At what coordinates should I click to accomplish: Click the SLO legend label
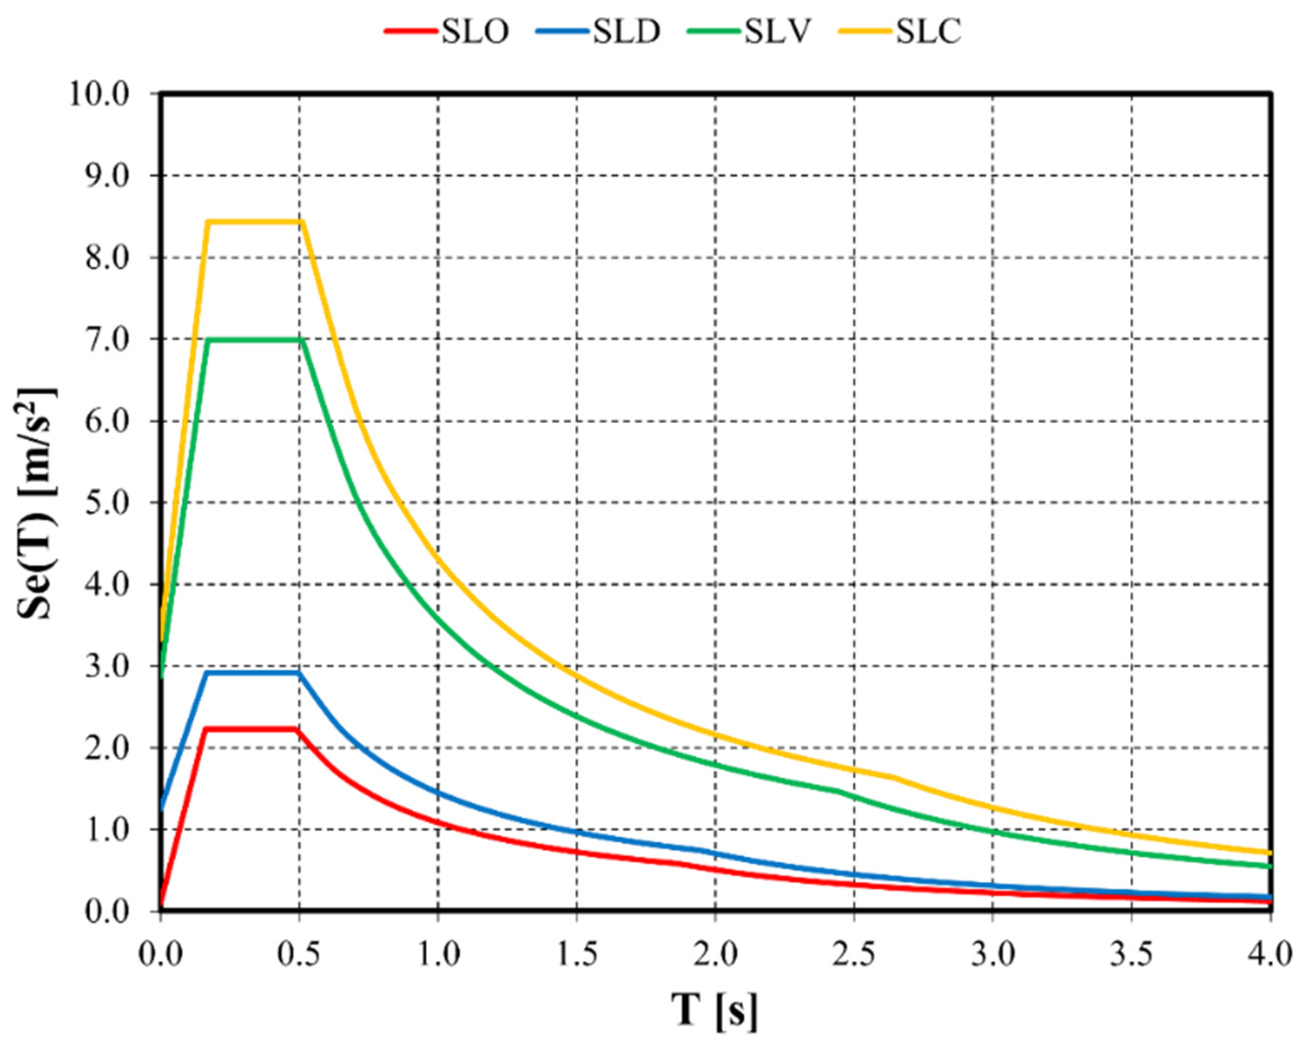pyautogui.click(x=474, y=32)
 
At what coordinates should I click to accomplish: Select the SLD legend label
pyautogui.click(x=626, y=32)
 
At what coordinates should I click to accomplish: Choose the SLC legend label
pyautogui.click(x=929, y=32)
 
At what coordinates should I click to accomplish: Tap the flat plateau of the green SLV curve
pyautogui.click(x=254, y=339)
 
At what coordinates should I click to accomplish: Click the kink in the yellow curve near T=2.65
pyautogui.click(x=892, y=777)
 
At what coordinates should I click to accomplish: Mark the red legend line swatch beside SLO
pyautogui.click(x=411, y=30)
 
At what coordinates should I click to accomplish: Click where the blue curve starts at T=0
pyautogui.click(x=162, y=807)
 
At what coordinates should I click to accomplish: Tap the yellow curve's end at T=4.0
pyautogui.click(x=1270, y=853)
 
